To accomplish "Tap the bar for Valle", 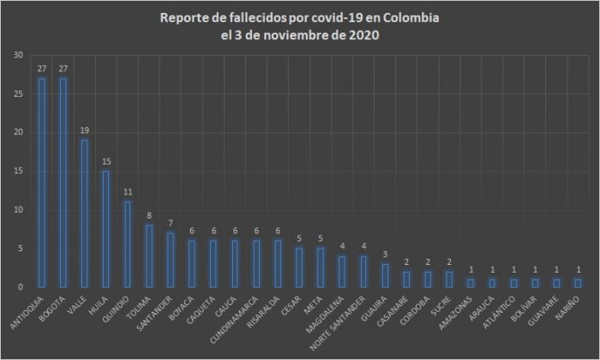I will [x=84, y=213].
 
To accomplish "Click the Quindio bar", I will [x=127, y=244].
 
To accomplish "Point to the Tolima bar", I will [x=148, y=256].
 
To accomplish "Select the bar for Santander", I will [x=170, y=260].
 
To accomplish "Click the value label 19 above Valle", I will [x=84, y=131].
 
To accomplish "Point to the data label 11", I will [x=127, y=193].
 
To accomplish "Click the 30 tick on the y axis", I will [x=18, y=56].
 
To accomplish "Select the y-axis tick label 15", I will [x=18, y=171].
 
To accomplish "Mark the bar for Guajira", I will [x=384, y=275].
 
